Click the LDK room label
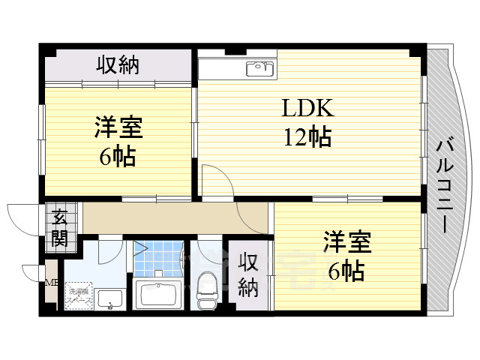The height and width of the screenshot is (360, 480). click(x=307, y=109)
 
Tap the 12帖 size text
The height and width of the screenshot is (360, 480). click(x=307, y=137)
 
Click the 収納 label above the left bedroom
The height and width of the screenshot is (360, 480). click(x=118, y=66)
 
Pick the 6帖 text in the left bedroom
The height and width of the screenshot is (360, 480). click(x=118, y=157)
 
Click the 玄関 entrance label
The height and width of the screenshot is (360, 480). click(x=59, y=229)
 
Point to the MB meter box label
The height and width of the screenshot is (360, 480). click(x=52, y=283)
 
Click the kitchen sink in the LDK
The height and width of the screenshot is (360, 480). click(x=259, y=70)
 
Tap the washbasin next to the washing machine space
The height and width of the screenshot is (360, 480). click(x=111, y=298)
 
